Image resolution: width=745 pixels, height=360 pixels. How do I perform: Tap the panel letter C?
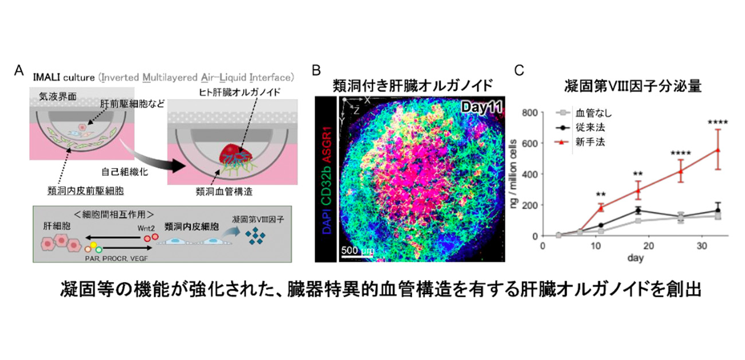click(519, 71)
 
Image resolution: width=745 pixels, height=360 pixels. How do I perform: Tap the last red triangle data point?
click(717, 150)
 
